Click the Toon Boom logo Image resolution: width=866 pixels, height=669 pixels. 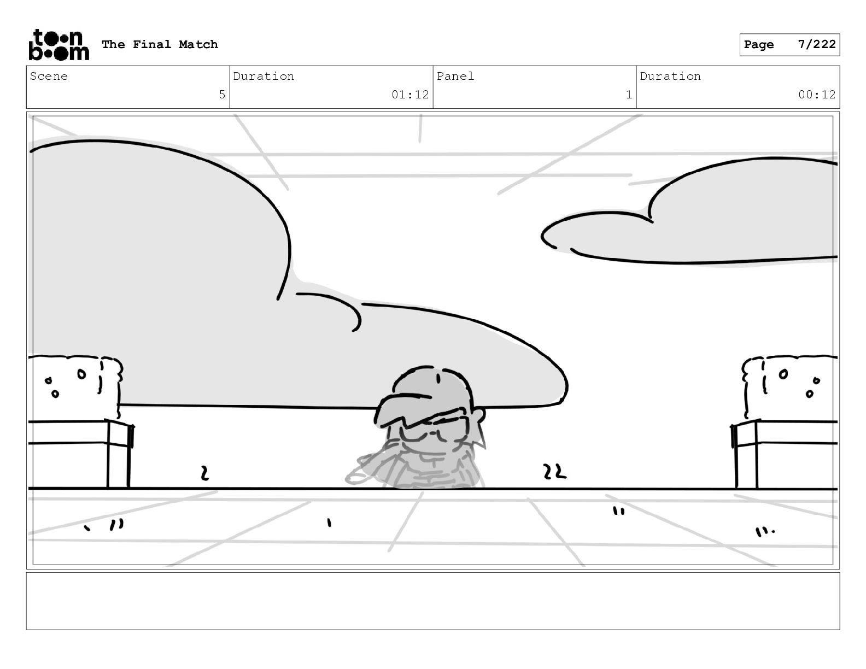click(58, 44)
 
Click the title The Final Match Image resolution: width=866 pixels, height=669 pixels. click(160, 44)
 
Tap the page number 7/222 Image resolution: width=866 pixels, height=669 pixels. click(816, 44)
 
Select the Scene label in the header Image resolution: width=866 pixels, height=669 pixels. click(49, 77)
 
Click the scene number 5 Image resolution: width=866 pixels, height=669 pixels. click(222, 95)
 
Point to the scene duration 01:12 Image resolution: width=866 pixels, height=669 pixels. click(410, 95)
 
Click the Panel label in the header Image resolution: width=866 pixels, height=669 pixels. click(455, 77)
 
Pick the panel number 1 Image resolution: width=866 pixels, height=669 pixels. click(629, 95)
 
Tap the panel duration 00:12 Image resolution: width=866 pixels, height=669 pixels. click(817, 95)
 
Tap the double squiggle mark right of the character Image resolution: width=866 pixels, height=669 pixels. click(554, 472)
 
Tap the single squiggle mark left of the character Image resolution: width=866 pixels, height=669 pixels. click(204, 473)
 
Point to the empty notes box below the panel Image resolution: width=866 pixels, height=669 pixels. click(432, 601)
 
